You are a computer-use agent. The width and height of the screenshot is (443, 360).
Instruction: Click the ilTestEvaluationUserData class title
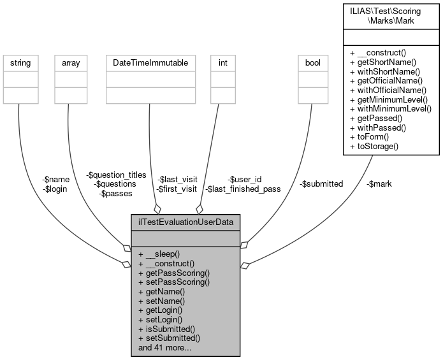(185, 222)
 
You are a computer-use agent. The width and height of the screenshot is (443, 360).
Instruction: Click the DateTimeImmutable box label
(149, 63)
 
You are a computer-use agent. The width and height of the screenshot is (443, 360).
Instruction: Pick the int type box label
(222, 63)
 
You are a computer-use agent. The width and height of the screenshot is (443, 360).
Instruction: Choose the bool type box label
(312, 63)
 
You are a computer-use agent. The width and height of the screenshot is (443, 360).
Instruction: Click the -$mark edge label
(379, 184)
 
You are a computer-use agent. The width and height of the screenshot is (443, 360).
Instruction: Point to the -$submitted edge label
(321, 184)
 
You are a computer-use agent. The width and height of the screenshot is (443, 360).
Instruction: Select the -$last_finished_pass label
(243, 189)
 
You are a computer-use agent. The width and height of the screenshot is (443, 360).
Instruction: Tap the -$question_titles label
(116, 175)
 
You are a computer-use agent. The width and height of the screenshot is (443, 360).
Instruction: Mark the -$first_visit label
(177, 189)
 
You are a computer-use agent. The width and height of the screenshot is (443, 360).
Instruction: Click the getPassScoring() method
(173, 272)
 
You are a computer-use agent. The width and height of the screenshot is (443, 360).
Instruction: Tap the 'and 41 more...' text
(164, 349)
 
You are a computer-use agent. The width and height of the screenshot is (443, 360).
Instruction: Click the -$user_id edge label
(245, 179)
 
